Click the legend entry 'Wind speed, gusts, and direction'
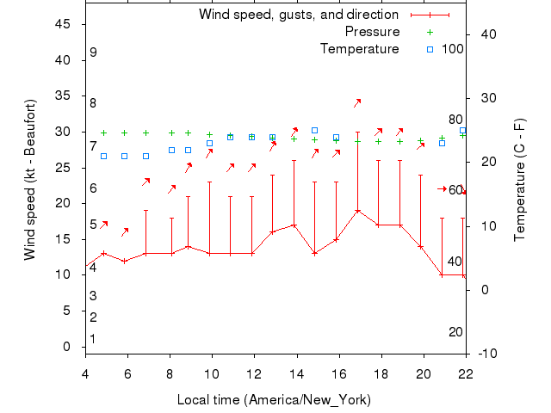[298, 15]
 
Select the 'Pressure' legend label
[372, 32]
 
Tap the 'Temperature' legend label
[359, 49]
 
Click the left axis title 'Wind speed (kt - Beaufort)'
[30, 180]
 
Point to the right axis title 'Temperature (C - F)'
[519, 180]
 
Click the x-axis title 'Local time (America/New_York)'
[274, 400]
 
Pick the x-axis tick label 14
[296, 373]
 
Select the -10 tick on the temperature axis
[485, 354]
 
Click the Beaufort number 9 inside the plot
[93, 52]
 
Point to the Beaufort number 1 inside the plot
[93, 339]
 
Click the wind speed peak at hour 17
[357, 210]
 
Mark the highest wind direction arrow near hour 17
[356, 102]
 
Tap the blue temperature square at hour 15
[315, 131]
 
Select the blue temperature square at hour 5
[104, 156]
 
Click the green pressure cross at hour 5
[104, 133]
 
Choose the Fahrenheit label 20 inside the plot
[455, 332]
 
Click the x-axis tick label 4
[85, 373]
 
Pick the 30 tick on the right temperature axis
[485, 97]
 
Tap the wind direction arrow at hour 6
[126, 231]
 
